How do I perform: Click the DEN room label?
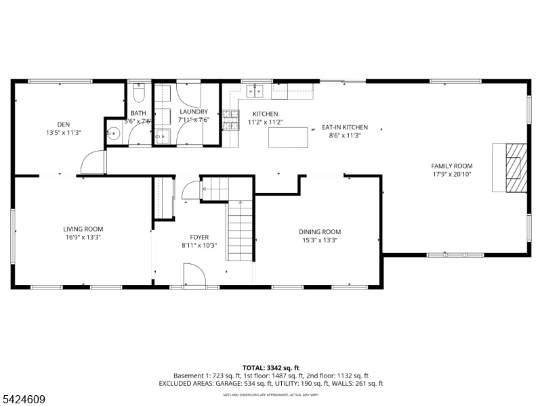coord(64,124)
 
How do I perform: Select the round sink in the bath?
coord(113,134)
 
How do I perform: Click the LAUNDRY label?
coord(193,112)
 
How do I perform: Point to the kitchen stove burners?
coord(231,120)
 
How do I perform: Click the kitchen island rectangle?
coord(288,137)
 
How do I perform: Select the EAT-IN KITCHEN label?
coord(344,127)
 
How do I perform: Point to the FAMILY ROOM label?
coord(452,166)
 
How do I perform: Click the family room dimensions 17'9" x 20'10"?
coord(452,175)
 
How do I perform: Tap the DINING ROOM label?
coord(320,231)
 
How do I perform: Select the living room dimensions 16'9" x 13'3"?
coord(83,238)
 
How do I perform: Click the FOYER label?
coord(199,237)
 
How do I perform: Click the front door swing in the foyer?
coord(195,274)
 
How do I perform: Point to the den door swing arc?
coord(93,162)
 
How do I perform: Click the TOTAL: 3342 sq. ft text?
coord(271,367)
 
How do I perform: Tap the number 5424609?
coord(23,400)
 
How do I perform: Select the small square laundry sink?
coord(162,137)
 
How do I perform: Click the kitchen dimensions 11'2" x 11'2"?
coord(265,122)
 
